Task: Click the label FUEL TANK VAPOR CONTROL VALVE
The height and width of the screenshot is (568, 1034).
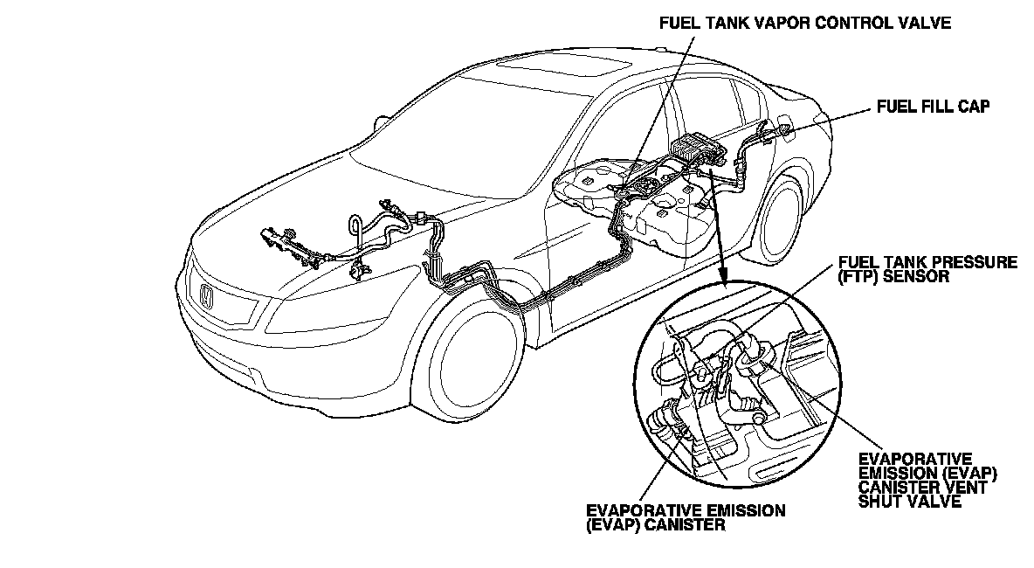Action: coord(804,24)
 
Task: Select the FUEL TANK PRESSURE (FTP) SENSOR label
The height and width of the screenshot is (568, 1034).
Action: coord(927,269)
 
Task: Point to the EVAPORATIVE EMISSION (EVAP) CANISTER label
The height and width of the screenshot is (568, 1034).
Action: coord(686,517)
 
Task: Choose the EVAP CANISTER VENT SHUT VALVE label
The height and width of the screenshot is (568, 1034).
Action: coord(928,481)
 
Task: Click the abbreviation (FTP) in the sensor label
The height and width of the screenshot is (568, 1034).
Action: coord(861,277)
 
